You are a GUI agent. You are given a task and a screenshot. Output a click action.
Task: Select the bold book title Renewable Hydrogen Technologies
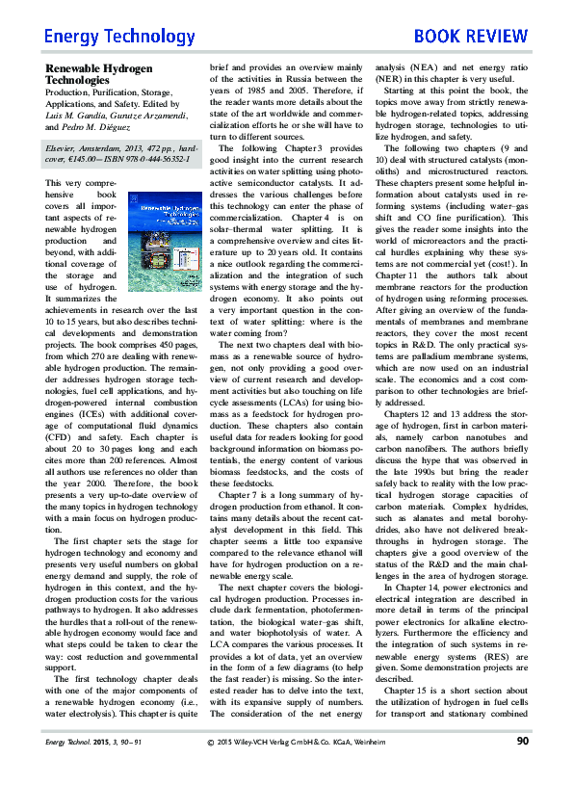tap(99, 75)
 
